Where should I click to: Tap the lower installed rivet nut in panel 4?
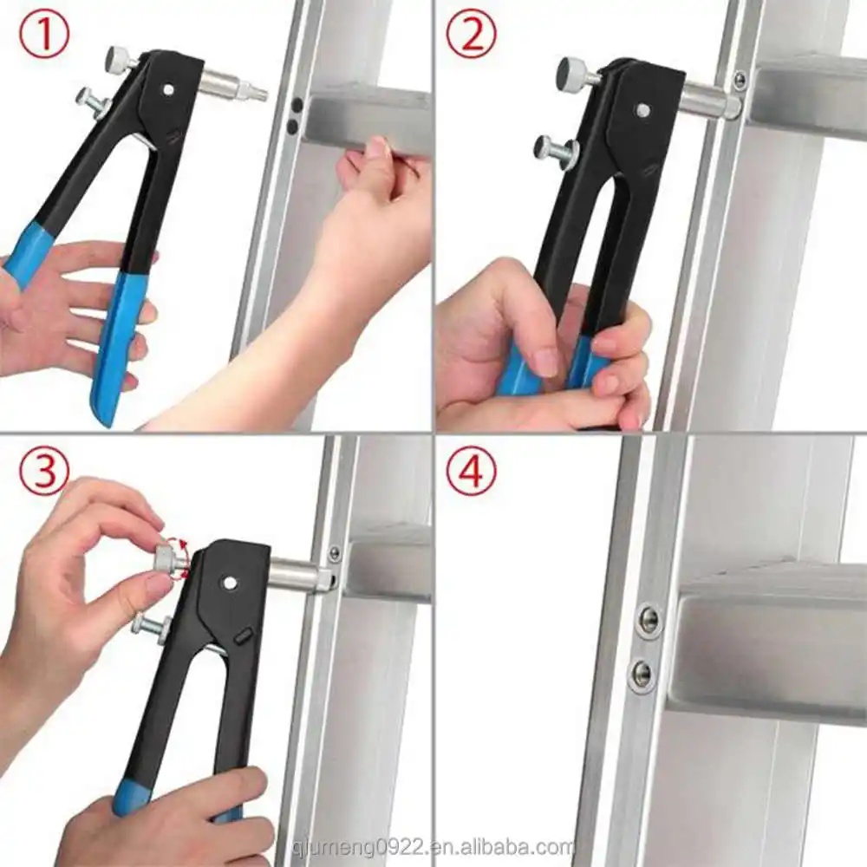point(642,674)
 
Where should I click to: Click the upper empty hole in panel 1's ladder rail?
point(297,104)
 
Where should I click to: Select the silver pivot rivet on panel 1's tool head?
point(169,89)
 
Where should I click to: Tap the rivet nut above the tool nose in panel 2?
point(736,81)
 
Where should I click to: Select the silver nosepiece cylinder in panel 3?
point(302,575)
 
